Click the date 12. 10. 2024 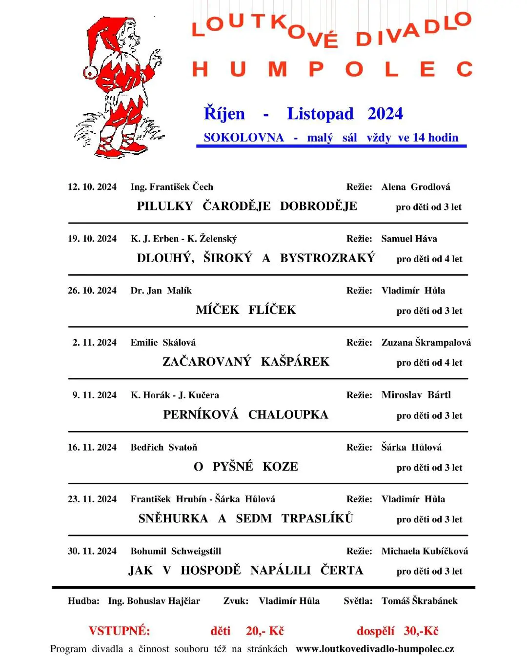point(92,187)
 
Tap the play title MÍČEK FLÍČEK point(246,310)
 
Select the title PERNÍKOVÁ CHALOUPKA point(245,415)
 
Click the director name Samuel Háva point(409,239)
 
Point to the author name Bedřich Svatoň point(164,448)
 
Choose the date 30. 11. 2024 point(92,551)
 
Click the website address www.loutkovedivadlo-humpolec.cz point(375,649)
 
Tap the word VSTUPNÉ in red point(120,631)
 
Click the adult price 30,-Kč point(421,631)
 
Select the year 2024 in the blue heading point(385,114)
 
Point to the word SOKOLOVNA point(243,138)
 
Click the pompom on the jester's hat point(91,73)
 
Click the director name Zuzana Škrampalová point(426,343)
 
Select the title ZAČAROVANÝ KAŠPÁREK point(246,362)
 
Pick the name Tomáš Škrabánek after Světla point(419,601)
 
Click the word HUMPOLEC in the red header point(332,69)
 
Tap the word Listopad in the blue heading point(320,114)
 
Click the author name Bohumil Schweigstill point(176,551)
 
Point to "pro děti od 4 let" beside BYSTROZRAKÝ point(429,259)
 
